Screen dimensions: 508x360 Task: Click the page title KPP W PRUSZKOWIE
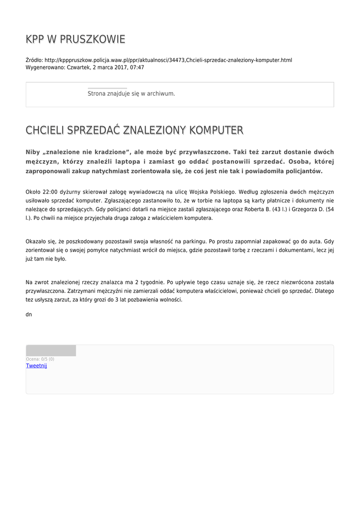coord(75,39)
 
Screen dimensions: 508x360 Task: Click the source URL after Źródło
coord(168,60)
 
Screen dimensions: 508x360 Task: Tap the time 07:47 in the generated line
coord(137,67)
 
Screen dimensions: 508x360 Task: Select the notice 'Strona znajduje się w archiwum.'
coord(131,93)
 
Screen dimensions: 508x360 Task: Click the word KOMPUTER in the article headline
coord(216,130)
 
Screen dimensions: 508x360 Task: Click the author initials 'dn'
coord(29,315)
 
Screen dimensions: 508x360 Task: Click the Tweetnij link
coord(36,366)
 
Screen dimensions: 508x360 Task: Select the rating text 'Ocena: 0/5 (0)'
coord(40,359)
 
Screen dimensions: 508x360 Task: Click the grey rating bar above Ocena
coord(51,351)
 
